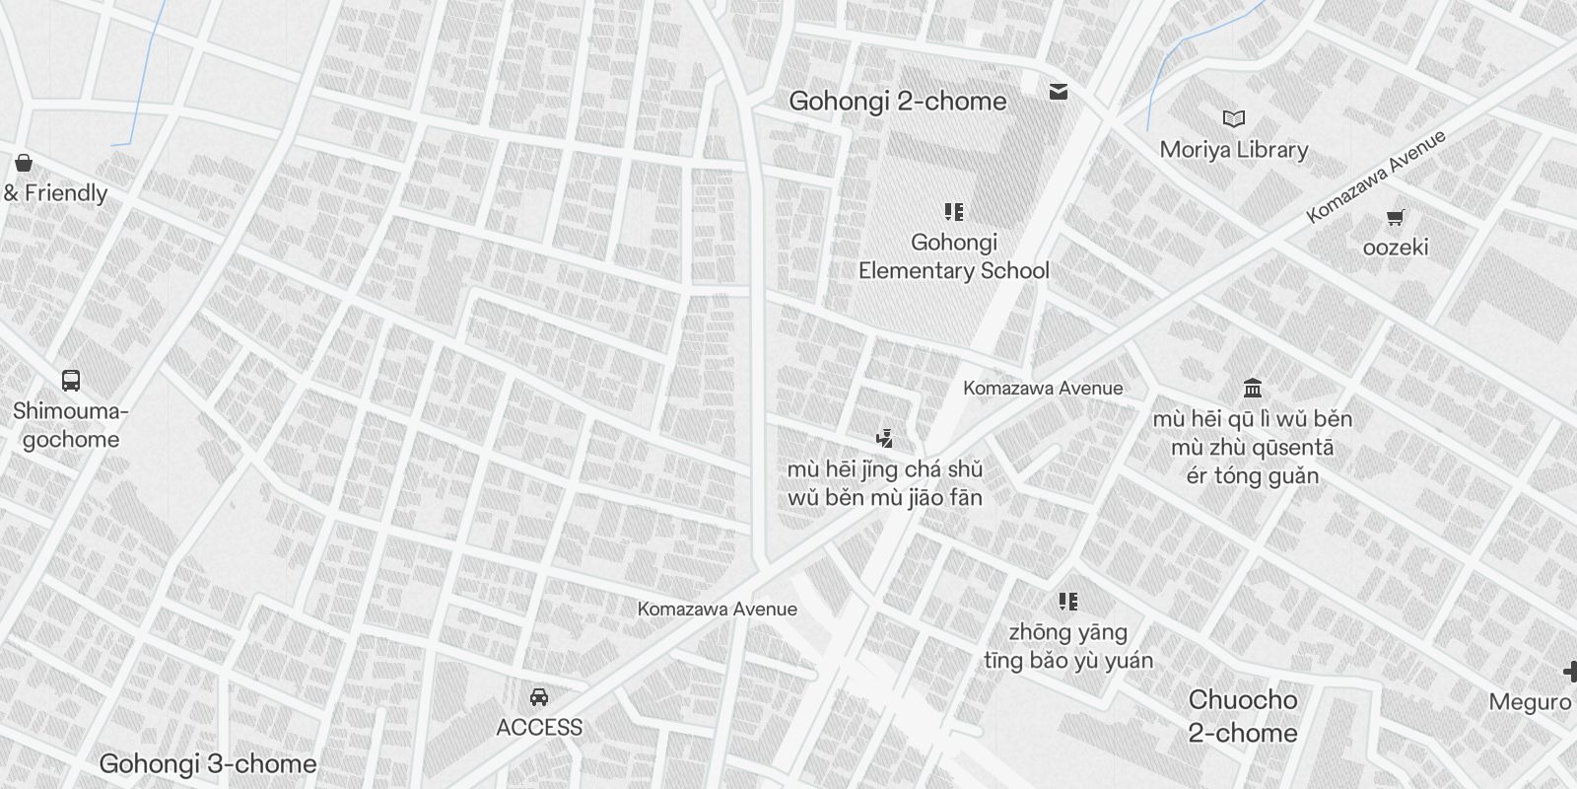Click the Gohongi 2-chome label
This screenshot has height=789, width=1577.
pyautogui.click(x=897, y=102)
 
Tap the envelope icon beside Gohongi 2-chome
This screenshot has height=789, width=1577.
pyautogui.click(x=1059, y=92)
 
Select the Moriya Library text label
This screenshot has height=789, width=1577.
pyautogui.click(x=1233, y=150)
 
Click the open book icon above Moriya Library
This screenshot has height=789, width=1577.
pyautogui.click(x=1233, y=119)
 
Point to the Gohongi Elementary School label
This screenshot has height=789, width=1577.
pyautogui.click(x=953, y=256)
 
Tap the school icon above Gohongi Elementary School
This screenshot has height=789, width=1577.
pyautogui.click(x=953, y=212)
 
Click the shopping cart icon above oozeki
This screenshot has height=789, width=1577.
pyautogui.click(x=1395, y=217)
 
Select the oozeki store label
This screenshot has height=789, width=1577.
pyautogui.click(x=1395, y=247)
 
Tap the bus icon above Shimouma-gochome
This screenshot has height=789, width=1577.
pyautogui.click(x=71, y=381)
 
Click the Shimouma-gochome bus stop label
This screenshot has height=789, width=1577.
pyautogui.click(x=71, y=425)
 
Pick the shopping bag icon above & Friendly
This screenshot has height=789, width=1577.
pyautogui.click(x=24, y=163)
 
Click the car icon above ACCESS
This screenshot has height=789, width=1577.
pyautogui.click(x=538, y=697)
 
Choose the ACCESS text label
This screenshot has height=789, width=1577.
pyautogui.click(x=538, y=728)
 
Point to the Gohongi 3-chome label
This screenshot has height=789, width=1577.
pyautogui.click(x=208, y=764)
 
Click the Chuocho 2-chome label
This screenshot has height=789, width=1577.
pyautogui.click(x=1242, y=716)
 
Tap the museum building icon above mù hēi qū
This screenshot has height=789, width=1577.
pyautogui.click(x=1253, y=388)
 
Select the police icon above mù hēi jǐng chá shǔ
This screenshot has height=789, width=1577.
pyautogui.click(x=885, y=439)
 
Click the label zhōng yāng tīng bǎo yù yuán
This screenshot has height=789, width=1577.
pyautogui.click(x=1067, y=646)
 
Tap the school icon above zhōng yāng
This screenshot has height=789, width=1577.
pyautogui.click(x=1067, y=601)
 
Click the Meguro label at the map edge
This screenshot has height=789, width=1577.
pyautogui.click(x=1530, y=702)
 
